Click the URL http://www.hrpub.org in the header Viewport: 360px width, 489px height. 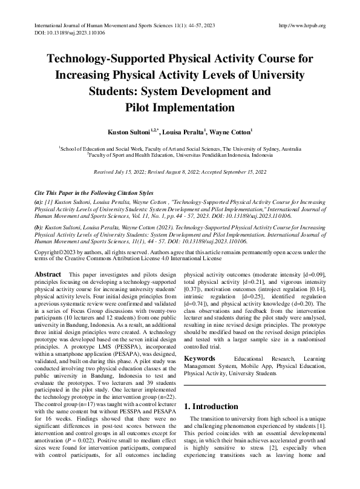[x=300, y=25]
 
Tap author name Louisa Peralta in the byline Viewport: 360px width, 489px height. [x=189, y=131]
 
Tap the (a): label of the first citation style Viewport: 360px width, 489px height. [x=39, y=200]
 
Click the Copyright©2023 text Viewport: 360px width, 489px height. [x=58, y=251]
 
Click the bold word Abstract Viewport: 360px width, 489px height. [x=48, y=275]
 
